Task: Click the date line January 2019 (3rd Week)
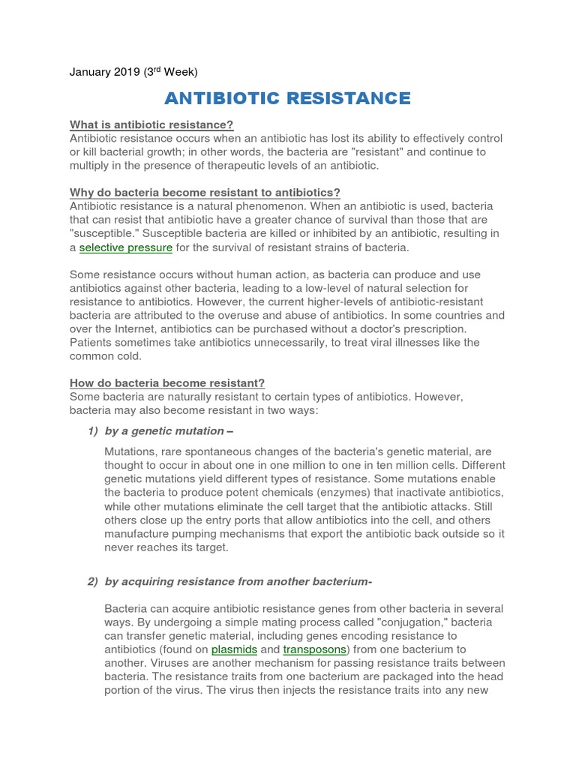point(133,72)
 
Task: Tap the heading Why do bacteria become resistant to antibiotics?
point(205,193)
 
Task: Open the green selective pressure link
point(126,247)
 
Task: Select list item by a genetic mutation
point(164,430)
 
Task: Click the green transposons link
point(315,649)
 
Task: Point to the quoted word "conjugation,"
point(363,622)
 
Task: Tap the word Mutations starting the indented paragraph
point(131,451)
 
